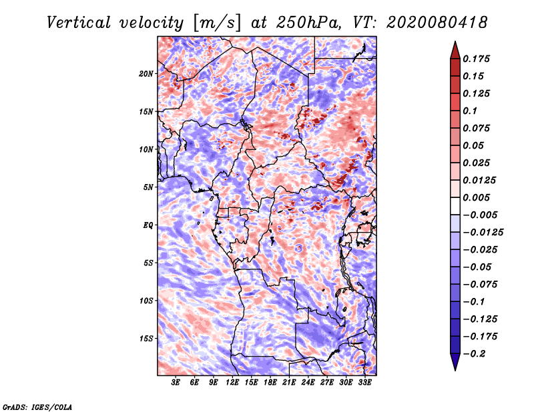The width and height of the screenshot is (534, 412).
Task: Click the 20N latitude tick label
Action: point(146,74)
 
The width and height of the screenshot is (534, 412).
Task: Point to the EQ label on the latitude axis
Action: point(148,225)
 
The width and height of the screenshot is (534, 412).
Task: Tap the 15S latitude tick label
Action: point(146,339)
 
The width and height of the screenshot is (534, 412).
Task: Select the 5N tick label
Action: point(148,187)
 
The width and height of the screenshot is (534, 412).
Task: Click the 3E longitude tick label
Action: point(176,382)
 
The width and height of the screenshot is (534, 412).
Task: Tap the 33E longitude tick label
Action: point(364,382)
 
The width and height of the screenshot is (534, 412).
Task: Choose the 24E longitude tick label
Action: point(308,382)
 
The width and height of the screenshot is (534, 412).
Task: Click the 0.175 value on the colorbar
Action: point(476,59)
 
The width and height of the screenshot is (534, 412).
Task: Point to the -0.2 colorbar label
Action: point(474,354)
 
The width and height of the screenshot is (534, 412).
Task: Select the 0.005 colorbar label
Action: point(476,197)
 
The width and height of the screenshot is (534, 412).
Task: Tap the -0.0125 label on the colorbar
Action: point(483,233)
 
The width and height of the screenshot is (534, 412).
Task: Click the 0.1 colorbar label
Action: point(470,111)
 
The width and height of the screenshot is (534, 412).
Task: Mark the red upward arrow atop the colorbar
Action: point(455,50)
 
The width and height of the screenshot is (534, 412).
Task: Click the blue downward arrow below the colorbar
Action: point(455,362)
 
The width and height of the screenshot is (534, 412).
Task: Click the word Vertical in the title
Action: point(79,23)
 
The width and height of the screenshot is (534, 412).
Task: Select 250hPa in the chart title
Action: point(308,23)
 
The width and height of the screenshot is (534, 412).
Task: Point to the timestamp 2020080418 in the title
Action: point(437,23)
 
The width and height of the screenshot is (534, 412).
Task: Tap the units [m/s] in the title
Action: point(217,23)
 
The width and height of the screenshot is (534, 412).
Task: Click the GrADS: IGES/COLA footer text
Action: point(37,407)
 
